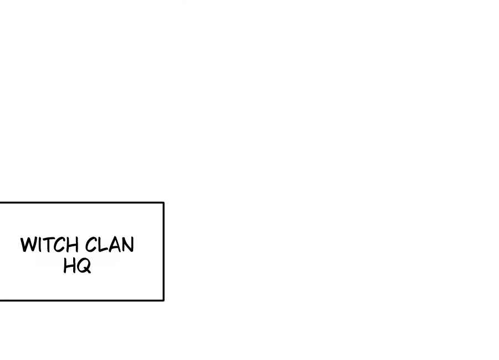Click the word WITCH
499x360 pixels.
(49, 245)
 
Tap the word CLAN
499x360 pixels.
(109, 245)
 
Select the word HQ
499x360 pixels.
(77, 266)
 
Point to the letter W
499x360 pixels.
(28, 245)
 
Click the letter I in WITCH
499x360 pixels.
(38, 245)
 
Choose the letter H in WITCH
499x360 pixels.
(72, 245)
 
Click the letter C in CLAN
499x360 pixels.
(91, 245)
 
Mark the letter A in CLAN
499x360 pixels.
(114, 245)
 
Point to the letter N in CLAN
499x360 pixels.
(128, 245)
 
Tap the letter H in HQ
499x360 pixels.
(70, 266)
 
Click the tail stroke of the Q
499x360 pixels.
(88, 271)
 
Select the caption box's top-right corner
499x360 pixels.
(164, 202)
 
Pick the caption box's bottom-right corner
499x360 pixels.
(164, 300)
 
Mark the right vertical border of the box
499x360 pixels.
(164, 251)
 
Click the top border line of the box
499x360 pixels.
(82, 202)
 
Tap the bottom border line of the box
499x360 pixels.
(82, 300)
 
